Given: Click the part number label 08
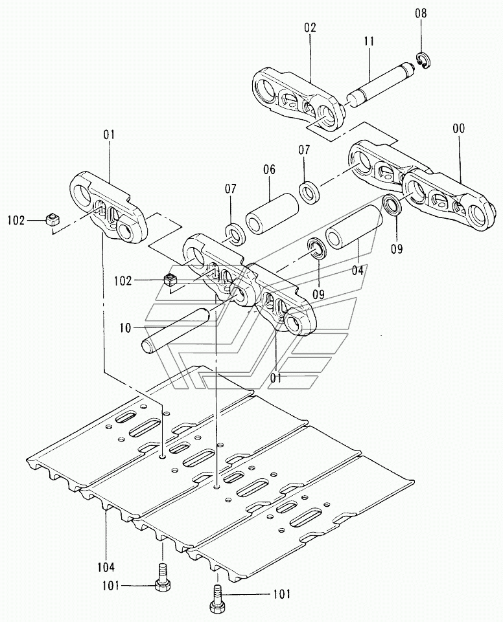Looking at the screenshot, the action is pos(421,14).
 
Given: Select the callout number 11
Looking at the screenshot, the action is pos(369,41).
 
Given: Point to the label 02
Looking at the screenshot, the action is pos(310,28).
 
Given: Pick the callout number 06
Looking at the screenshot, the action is pos(268,170).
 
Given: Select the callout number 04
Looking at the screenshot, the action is pos(357,271).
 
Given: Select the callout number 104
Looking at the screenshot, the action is pos(106,567).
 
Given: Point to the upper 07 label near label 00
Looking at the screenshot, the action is pos(304,150).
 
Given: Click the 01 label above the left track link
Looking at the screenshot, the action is pos(109,135).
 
